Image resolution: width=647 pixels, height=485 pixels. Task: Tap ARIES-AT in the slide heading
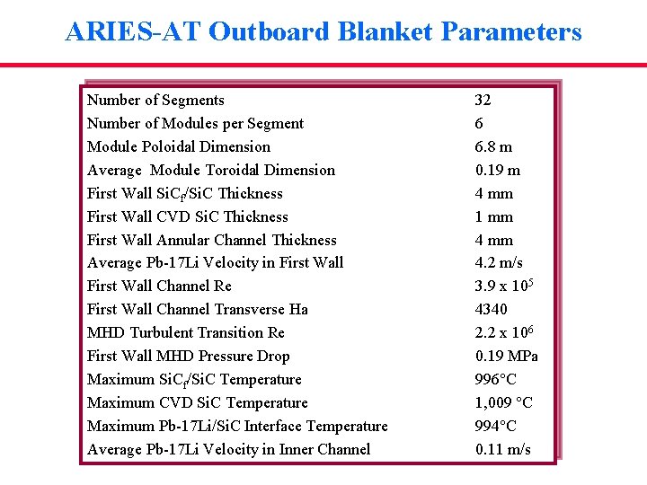[x=133, y=32]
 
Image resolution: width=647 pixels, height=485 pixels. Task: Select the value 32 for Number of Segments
[x=483, y=100]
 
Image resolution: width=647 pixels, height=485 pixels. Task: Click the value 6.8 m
[x=493, y=146]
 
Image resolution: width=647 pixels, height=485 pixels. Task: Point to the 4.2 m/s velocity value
[x=499, y=262]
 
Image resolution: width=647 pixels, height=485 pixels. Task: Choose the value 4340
[x=491, y=309]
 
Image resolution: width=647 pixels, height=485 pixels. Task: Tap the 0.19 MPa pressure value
[x=507, y=356]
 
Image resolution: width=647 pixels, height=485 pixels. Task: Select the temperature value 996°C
[x=497, y=379]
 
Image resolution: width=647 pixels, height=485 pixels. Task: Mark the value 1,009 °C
[x=503, y=402]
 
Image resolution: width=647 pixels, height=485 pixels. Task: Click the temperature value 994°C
[x=497, y=426]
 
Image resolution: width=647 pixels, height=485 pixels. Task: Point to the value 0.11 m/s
[x=502, y=449]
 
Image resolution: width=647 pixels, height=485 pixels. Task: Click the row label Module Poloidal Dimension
[x=178, y=146]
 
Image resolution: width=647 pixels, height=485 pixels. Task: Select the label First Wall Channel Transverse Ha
[x=197, y=309]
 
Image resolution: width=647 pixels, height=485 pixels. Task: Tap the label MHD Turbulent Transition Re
[x=185, y=332]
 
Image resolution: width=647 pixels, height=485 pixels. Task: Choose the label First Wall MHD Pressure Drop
[x=188, y=356]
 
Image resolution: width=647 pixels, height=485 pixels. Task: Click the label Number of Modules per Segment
[x=195, y=123]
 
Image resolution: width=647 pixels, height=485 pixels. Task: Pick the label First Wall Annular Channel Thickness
[x=211, y=240]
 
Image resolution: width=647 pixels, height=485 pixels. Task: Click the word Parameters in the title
[x=511, y=32]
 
